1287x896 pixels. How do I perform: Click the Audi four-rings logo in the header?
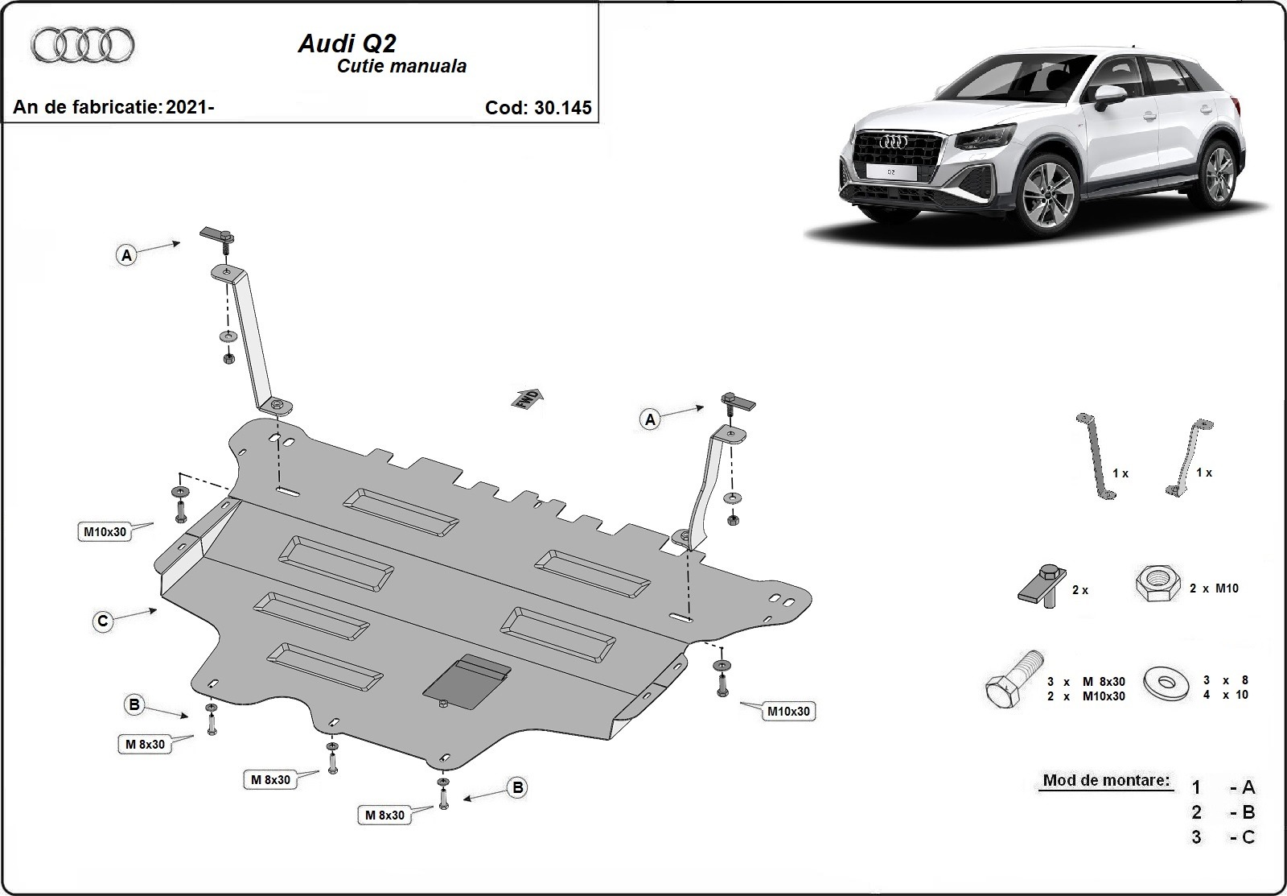(82, 45)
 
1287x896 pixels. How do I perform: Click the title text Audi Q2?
(347, 43)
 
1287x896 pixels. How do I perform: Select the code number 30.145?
(562, 108)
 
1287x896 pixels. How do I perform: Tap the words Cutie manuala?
(401, 66)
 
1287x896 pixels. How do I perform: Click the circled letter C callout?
(103, 621)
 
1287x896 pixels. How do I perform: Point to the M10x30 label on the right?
(788, 711)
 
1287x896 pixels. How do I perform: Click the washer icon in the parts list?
(1163, 683)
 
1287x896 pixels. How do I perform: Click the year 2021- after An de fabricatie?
(190, 108)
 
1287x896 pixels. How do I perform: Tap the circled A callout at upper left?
(126, 255)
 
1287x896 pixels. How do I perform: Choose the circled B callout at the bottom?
(518, 788)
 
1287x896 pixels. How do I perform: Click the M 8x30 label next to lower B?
(384, 815)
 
